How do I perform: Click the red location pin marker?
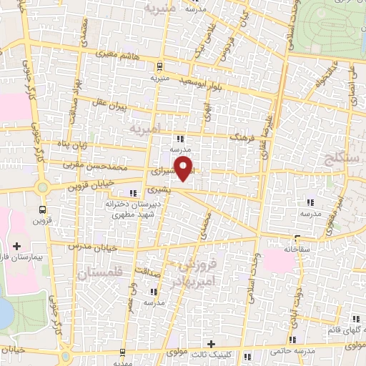184,169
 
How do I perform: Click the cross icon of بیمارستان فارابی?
17,246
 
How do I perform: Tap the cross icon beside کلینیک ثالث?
210,343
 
